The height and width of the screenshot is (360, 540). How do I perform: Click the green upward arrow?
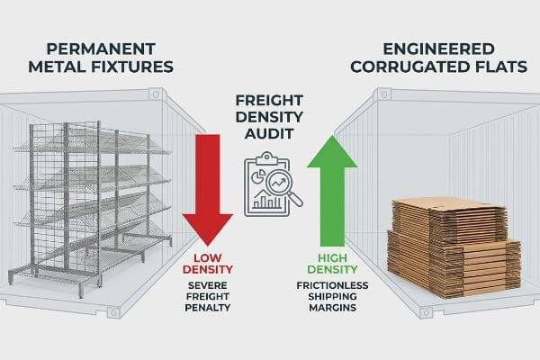(x=332, y=190)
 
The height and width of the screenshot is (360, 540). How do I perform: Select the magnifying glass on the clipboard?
(x=283, y=188)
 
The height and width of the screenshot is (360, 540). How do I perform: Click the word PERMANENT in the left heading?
(x=101, y=49)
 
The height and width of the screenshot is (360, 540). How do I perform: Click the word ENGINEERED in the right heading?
(x=439, y=49)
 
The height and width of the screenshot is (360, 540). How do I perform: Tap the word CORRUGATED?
(x=409, y=67)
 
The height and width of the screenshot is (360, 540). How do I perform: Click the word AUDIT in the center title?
(x=269, y=134)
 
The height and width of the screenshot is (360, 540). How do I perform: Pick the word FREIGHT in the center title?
(x=269, y=101)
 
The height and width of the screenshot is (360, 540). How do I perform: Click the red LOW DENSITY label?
(x=208, y=264)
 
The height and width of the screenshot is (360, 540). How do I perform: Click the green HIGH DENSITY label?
(x=332, y=264)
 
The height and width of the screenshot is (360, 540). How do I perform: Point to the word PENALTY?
(x=208, y=308)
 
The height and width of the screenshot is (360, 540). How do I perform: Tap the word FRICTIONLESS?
(x=332, y=285)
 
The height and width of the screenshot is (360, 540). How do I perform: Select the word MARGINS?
(x=332, y=308)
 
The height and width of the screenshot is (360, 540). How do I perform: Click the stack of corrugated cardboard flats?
(x=454, y=247)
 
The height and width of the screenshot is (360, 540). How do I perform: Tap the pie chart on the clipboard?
(x=258, y=175)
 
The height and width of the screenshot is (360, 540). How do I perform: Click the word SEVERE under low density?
(x=208, y=285)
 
